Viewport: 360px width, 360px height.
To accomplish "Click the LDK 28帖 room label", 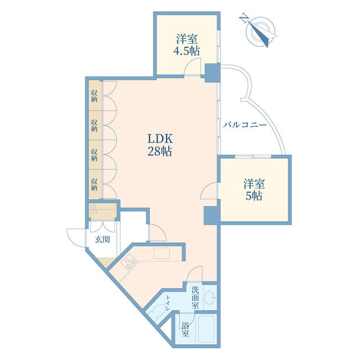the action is pos(160,145).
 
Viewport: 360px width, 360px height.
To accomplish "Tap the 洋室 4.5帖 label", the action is pos(186,45).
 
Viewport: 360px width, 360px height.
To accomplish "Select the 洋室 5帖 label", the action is pos(254,190).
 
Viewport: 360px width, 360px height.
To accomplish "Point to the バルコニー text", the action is pos(245,125).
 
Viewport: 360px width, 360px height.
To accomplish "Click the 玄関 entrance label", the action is pos(102,240).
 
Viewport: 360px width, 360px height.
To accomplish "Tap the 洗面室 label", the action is pos(195,298).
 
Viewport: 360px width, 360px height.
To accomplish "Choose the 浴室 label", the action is pos(185,330).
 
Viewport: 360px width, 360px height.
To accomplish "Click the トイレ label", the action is pos(168,303).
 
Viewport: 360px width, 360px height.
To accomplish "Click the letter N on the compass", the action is pos(244,18).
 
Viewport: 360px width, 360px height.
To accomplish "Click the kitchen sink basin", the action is pos(162,253).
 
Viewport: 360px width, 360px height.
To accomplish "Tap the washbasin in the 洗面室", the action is pos(210,298).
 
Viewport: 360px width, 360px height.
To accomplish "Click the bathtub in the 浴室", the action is pos(206,329).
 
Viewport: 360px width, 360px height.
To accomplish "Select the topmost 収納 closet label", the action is pos(94,96).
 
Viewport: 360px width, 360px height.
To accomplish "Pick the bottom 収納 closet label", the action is pos(94,184).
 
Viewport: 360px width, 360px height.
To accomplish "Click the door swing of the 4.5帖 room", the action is pos(193,66).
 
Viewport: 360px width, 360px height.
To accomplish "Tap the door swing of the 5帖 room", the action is pos(209,191).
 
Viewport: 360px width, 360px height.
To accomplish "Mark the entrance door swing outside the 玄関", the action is pos(76,238).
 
